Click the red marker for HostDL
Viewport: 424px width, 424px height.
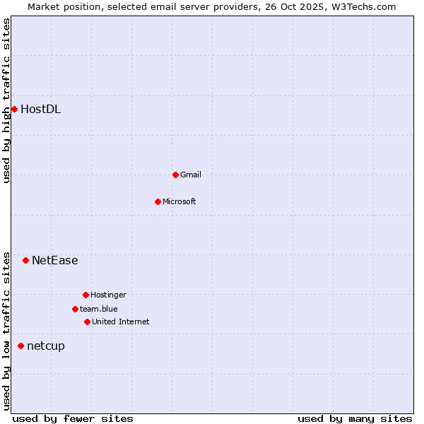coord(14,109)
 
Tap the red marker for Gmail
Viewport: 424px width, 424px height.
coord(175,175)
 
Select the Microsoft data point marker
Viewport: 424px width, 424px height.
coord(158,201)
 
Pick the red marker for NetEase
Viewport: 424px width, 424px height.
coord(25,260)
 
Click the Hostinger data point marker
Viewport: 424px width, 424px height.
coord(86,295)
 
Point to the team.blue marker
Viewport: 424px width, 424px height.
coord(75,309)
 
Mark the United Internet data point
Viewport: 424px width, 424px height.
coord(87,322)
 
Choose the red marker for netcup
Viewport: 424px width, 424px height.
coord(20,346)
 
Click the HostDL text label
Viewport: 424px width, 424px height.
coord(40,109)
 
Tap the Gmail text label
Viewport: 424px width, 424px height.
coord(191,175)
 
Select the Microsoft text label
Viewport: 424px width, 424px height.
coord(179,201)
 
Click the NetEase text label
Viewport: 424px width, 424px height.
coord(55,260)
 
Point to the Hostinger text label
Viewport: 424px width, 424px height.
coord(108,295)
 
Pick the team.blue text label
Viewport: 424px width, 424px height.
coord(99,309)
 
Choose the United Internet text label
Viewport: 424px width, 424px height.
coord(121,322)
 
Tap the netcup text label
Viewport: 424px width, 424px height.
coord(46,346)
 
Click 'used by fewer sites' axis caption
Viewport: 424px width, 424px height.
coord(73,418)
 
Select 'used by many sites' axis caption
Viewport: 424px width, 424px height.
coord(355,418)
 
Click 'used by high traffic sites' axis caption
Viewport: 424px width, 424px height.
coord(7,100)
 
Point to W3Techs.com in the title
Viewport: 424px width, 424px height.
coord(361,6)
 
